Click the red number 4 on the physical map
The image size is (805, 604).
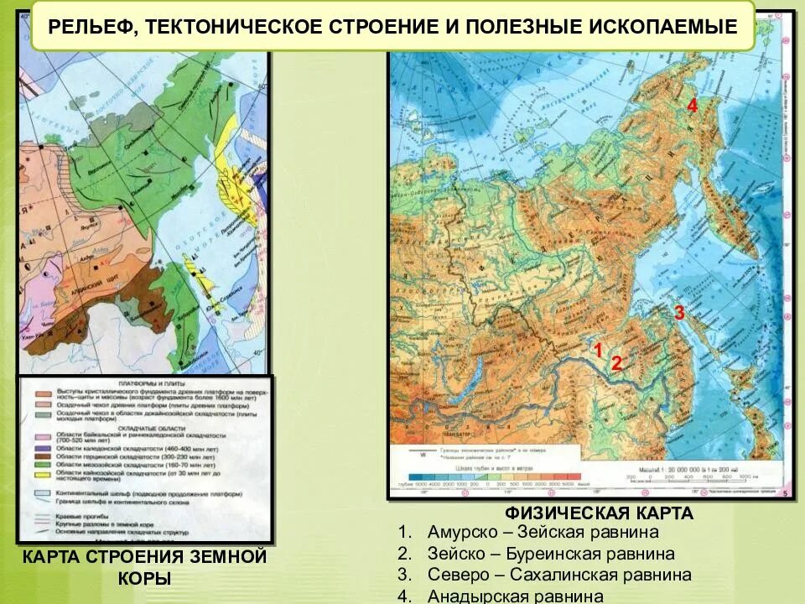692,106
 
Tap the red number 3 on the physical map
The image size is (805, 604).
679,313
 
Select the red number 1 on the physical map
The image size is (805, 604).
598,350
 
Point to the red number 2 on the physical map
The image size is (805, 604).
616,363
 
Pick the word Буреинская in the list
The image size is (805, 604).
551,554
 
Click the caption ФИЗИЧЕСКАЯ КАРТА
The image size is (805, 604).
599,513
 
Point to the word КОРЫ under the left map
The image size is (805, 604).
143,578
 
